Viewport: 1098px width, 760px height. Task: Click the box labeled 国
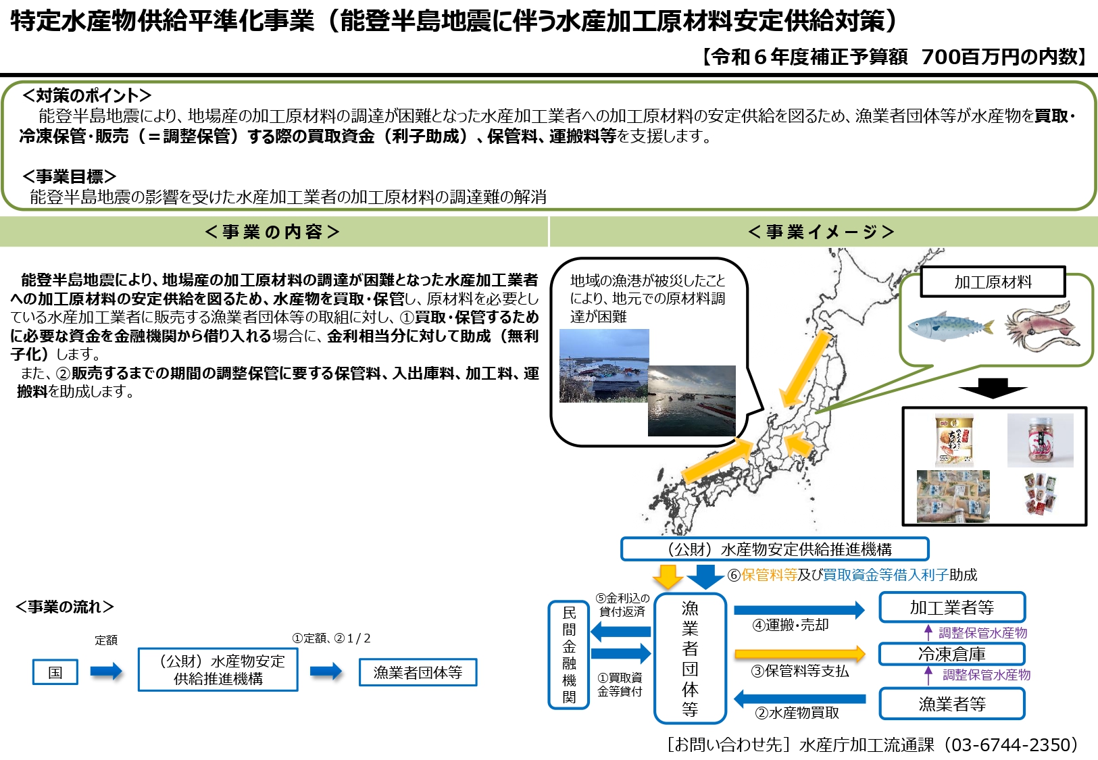click(55, 672)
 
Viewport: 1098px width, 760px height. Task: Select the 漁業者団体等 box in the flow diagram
click(418, 672)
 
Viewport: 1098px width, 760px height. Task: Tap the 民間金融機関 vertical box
click(569, 655)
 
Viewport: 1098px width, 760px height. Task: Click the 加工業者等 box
click(952, 607)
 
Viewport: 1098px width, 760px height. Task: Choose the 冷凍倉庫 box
click(952, 654)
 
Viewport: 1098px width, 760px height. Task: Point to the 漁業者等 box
click(952, 704)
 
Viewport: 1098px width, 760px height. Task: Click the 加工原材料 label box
click(993, 282)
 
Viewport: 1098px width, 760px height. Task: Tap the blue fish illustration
click(951, 326)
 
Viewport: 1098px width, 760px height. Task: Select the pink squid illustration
click(1041, 326)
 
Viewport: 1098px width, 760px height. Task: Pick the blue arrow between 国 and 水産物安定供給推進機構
click(106, 672)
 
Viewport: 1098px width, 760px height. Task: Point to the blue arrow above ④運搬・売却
click(799, 610)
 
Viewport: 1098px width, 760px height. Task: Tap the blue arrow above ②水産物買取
click(800, 699)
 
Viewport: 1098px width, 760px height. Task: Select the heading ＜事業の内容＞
click(272, 232)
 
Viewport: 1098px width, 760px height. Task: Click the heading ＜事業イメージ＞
click(821, 232)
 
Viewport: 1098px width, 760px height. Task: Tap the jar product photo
click(1040, 440)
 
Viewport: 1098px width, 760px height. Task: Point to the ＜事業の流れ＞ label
click(65, 607)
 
